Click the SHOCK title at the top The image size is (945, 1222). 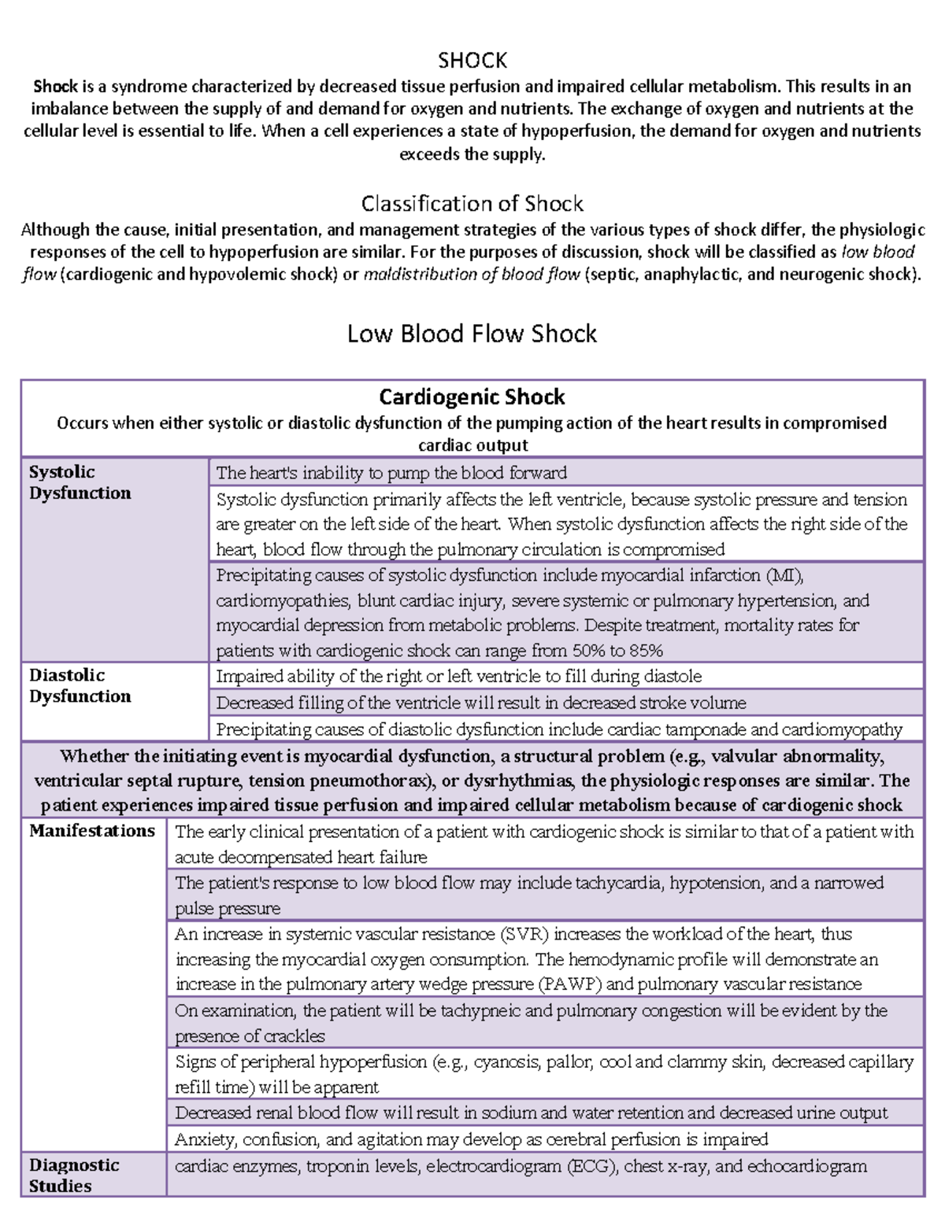pos(472,61)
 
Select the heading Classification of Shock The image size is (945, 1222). pos(472,204)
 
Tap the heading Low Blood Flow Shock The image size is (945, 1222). pos(472,334)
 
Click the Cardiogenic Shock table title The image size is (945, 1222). pos(472,397)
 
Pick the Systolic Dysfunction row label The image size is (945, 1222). pos(80,482)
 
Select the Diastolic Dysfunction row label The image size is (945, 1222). pos(80,685)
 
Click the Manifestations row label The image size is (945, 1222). pos(92,831)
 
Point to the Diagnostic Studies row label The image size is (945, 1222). pos(74,1176)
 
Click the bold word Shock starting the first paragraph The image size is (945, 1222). pos(55,87)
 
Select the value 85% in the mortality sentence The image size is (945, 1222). pos(645,651)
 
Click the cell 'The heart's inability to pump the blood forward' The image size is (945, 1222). pos(391,473)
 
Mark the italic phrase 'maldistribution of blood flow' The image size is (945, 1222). pos(472,275)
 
